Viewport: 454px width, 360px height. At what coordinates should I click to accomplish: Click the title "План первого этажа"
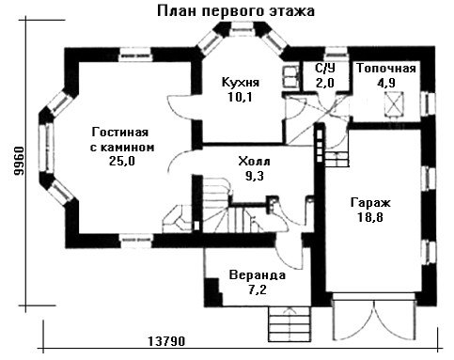click(x=236, y=11)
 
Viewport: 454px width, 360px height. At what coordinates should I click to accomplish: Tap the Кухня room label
click(x=241, y=82)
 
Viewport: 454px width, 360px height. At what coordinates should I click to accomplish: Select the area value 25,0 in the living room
click(x=122, y=161)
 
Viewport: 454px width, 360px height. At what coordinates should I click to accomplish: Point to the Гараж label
click(x=370, y=203)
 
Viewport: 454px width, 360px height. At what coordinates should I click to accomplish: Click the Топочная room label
click(x=386, y=69)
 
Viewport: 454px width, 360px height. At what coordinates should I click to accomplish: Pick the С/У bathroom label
click(x=325, y=68)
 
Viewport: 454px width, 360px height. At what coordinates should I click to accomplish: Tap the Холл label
click(x=254, y=162)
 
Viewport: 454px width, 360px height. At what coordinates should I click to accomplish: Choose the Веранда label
click(x=258, y=275)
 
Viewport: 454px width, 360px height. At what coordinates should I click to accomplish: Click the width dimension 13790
click(x=166, y=341)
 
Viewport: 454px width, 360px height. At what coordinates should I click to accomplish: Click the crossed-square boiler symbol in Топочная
click(x=394, y=103)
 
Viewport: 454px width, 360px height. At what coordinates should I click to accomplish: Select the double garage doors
click(x=373, y=317)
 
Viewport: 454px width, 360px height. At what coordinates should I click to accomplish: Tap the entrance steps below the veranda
click(x=290, y=324)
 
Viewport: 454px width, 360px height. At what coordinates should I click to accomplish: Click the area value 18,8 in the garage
click(x=370, y=217)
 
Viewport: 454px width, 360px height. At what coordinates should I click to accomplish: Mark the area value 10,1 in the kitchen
click(x=241, y=97)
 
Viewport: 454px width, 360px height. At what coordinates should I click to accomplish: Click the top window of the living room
click(x=136, y=55)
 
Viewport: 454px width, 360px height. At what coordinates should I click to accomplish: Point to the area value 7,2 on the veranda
click(x=258, y=290)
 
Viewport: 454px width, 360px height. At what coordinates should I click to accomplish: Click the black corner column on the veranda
click(x=213, y=292)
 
